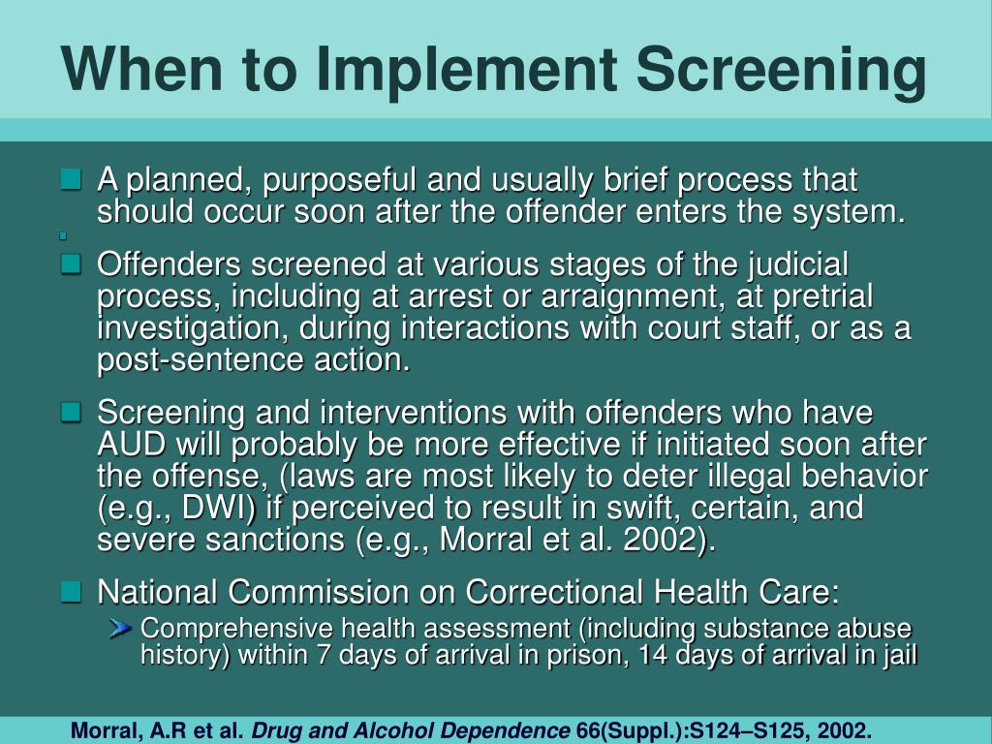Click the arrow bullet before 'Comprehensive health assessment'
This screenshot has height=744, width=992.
coord(121,628)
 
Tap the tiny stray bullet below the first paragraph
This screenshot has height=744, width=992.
coord(62,235)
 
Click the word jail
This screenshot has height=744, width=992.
coord(898,655)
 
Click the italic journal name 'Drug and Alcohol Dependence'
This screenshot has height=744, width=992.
coord(411,729)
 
